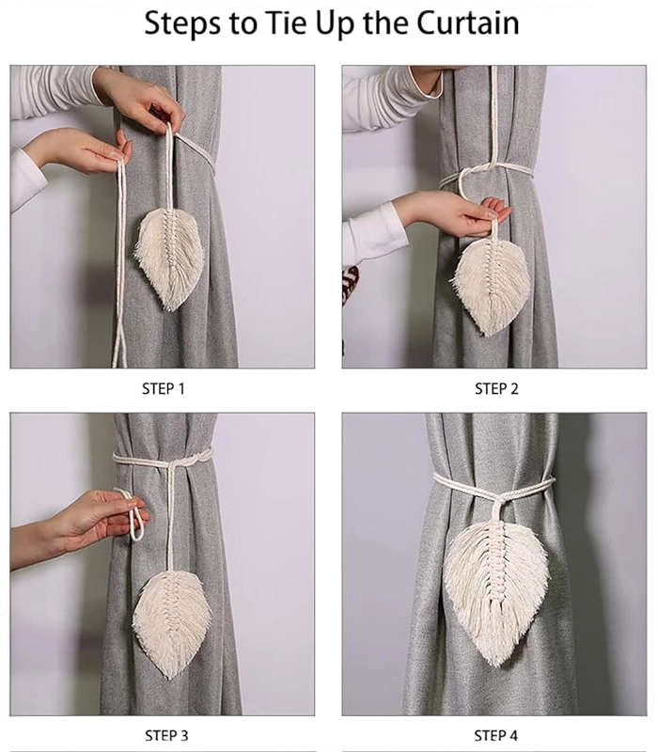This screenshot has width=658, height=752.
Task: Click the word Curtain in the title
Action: (467, 23)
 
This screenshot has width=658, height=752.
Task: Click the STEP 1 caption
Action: (163, 388)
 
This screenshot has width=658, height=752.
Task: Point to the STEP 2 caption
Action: (496, 388)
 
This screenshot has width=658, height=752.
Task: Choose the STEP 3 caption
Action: (166, 735)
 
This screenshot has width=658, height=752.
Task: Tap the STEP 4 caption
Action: (496, 735)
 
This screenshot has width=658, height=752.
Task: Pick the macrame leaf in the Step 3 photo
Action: (172, 623)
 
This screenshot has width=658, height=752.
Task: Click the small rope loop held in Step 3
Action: (134, 514)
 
